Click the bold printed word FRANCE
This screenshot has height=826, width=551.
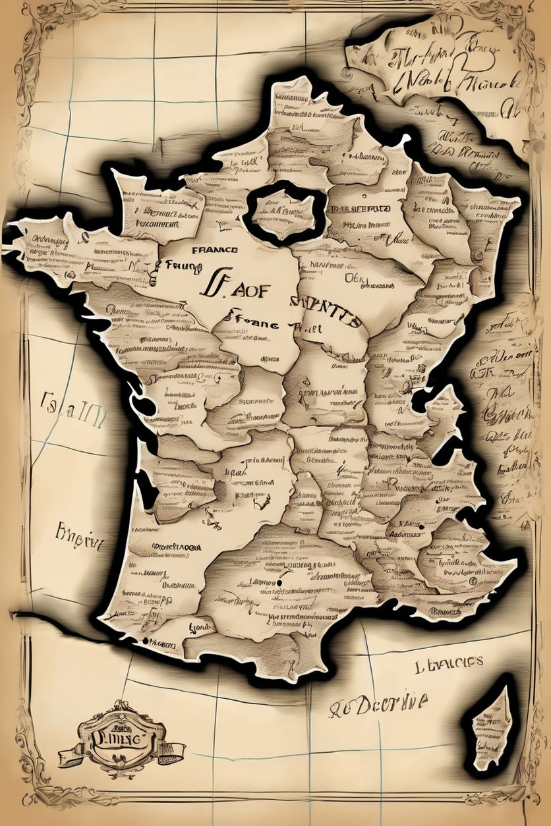click(x=215, y=250)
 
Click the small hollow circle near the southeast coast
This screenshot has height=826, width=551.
click(x=473, y=583)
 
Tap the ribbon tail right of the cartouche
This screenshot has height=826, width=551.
click(x=173, y=749)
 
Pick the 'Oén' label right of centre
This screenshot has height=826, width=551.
click(x=354, y=278)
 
